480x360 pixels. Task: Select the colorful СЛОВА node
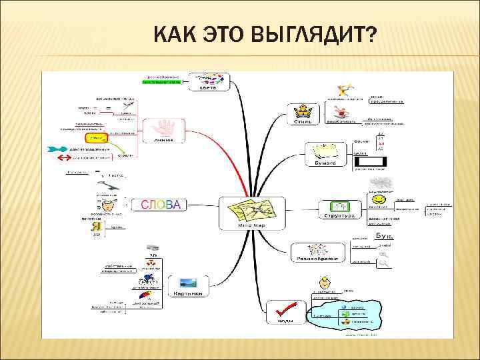click(160, 205)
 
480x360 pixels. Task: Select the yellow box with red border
click(97, 137)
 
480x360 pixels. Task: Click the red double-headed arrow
click(64, 159)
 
